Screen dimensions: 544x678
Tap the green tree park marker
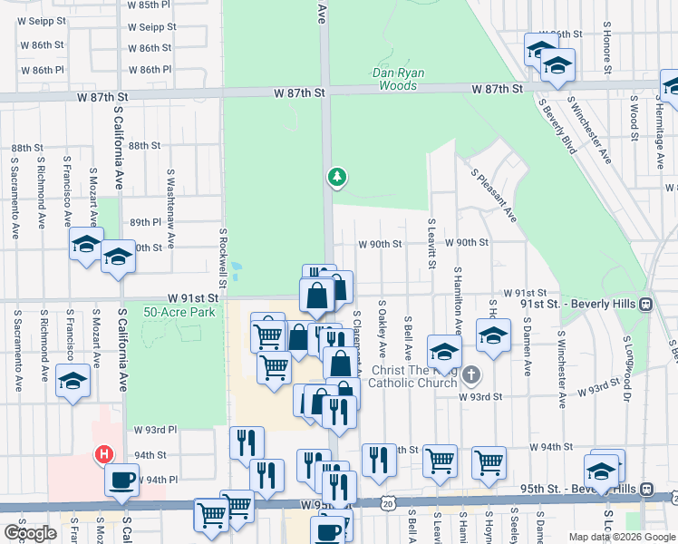click(337, 176)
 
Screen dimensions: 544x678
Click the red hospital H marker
click(104, 455)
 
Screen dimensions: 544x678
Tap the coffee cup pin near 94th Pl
click(121, 480)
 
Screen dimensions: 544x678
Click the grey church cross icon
click(470, 374)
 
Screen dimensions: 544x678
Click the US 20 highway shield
click(389, 502)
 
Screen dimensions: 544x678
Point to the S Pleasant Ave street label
click(492, 194)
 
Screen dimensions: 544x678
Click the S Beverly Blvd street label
click(557, 126)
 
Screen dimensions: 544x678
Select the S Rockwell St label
click(221, 251)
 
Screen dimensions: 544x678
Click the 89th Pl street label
click(144, 222)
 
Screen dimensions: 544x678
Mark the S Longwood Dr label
click(626, 368)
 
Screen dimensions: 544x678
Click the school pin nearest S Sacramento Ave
click(73, 381)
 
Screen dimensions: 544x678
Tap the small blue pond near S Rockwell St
click(237, 269)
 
